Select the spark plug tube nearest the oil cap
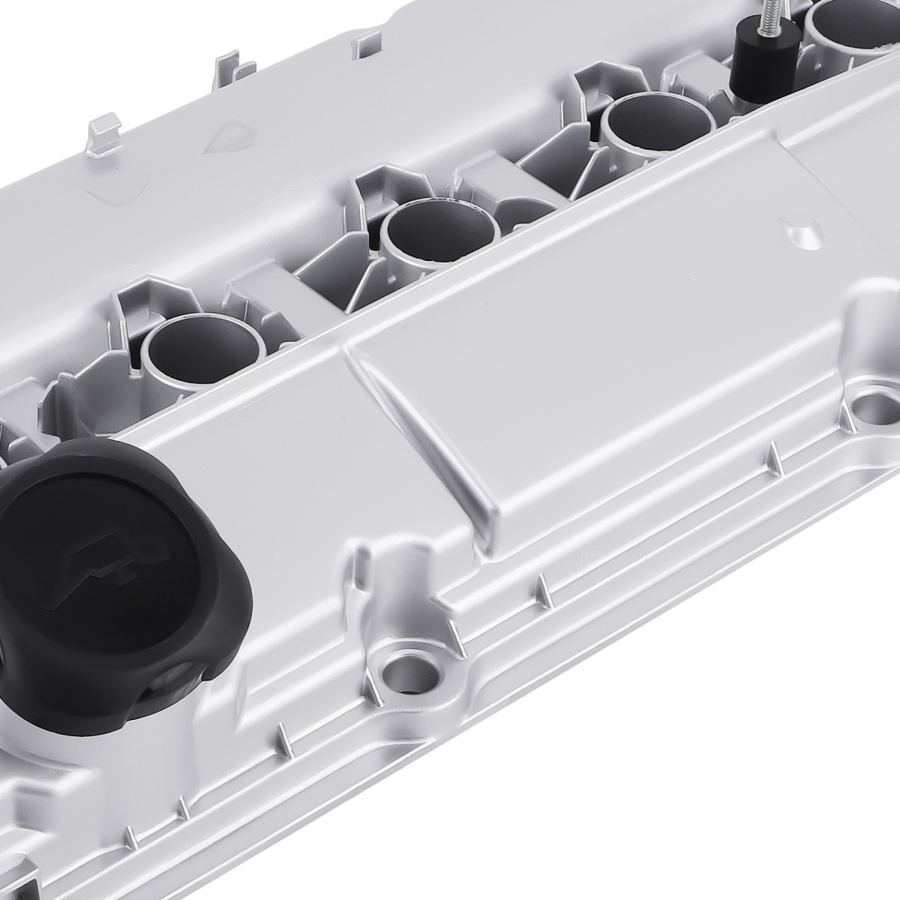coord(202,346)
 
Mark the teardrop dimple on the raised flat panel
coord(802,233)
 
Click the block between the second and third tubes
coord(495,180)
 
